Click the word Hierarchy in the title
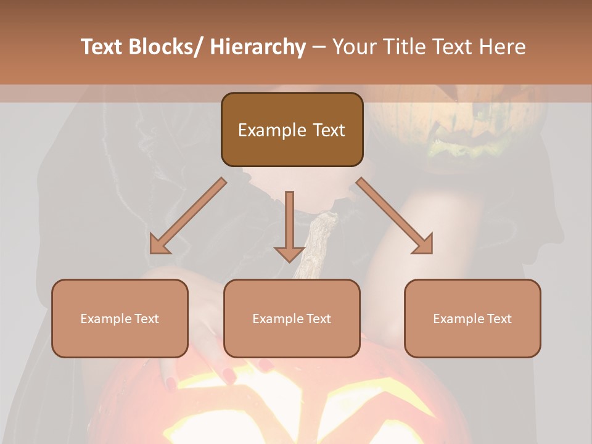click(x=258, y=47)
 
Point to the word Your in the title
click(x=355, y=47)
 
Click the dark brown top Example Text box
click(x=292, y=129)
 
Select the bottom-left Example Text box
click(x=120, y=318)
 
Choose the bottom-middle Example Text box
click(x=292, y=318)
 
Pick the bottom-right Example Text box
click(x=472, y=318)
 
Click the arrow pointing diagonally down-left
click(x=188, y=216)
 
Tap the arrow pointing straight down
click(x=289, y=225)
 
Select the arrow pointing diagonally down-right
click(x=395, y=216)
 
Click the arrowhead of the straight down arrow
click(x=289, y=253)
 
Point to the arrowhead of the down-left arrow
click(x=158, y=245)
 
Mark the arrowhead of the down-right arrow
click(x=424, y=245)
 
